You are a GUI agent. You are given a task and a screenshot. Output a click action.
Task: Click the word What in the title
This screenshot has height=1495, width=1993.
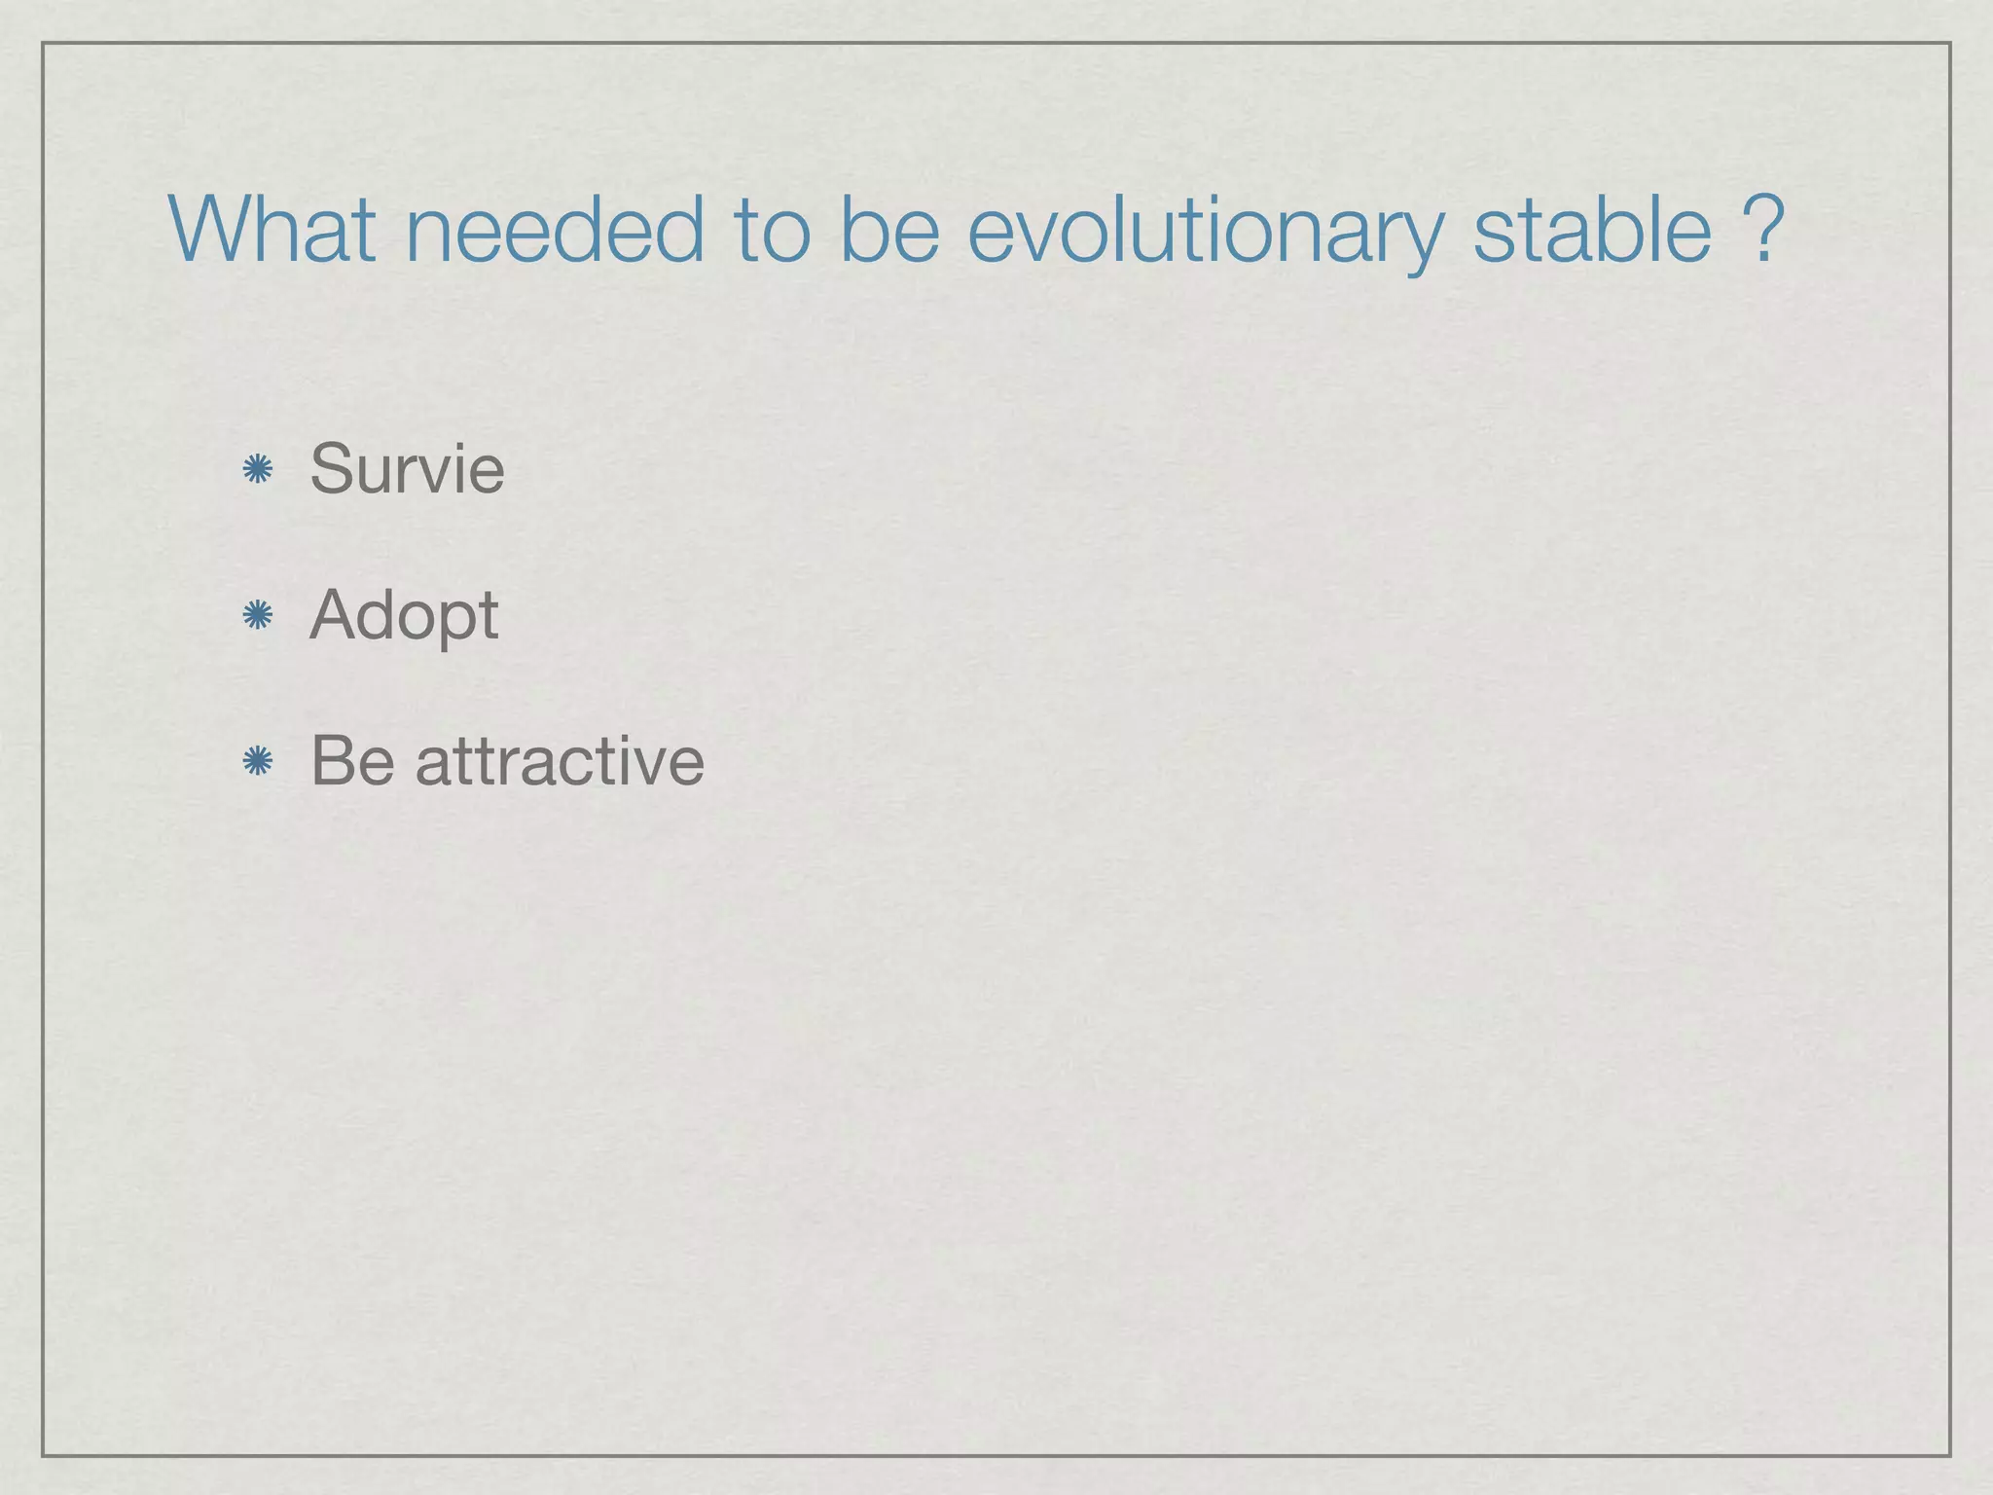point(272,230)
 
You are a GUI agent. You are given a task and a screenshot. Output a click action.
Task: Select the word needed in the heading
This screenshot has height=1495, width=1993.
point(553,230)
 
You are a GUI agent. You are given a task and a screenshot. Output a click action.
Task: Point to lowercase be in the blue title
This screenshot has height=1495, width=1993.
point(888,230)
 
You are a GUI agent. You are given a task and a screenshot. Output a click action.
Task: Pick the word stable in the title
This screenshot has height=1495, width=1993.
point(1592,230)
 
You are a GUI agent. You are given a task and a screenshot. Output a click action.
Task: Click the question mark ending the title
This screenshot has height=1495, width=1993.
point(1764,230)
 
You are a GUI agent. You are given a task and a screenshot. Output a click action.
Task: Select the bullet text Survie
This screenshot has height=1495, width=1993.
point(407,468)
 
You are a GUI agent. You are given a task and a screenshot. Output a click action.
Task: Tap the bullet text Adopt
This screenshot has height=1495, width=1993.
point(404,617)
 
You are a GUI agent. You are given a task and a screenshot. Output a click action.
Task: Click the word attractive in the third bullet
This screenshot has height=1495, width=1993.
point(560,760)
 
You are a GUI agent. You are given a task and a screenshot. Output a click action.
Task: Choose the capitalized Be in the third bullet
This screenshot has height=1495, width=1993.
point(352,760)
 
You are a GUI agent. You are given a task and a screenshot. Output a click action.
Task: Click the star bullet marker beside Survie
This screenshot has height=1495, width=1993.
point(257,470)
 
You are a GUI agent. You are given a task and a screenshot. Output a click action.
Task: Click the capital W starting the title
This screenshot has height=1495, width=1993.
point(210,230)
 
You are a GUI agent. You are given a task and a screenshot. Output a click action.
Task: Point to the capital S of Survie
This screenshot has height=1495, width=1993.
point(331,468)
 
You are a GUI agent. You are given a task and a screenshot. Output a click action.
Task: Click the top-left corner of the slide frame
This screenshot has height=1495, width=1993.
point(43,43)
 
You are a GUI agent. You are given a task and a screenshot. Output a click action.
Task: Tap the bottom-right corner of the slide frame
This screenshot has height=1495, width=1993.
point(1950,1455)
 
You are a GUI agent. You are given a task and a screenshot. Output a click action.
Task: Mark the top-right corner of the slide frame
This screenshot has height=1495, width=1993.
point(1950,43)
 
